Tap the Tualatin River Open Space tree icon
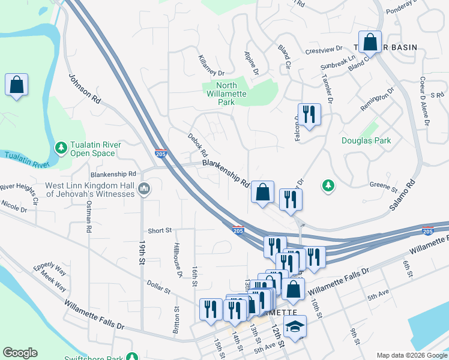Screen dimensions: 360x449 point(61,147)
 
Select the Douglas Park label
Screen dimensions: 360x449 point(366,141)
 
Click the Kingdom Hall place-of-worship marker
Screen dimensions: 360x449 point(143,190)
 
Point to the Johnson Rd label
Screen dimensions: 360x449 point(85,89)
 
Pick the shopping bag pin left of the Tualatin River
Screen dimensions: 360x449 point(16,85)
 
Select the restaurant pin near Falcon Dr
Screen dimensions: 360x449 point(309,115)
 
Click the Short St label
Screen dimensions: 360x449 point(160,230)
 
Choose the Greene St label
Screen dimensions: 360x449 point(380,185)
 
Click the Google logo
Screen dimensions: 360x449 point(20,353)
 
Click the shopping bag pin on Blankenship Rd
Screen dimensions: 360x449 point(262,193)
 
